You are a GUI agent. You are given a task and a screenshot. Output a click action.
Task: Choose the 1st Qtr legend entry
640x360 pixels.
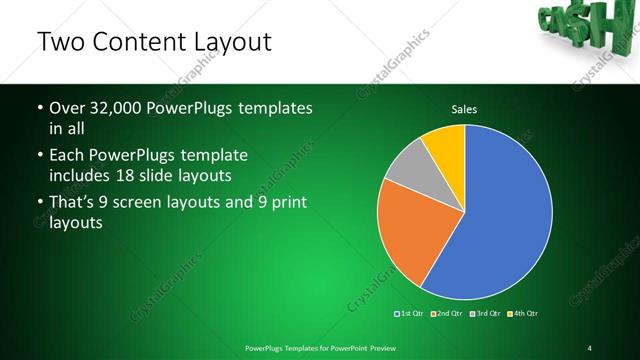point(411,314)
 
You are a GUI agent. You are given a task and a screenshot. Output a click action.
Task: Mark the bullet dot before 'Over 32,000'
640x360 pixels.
point(39,108)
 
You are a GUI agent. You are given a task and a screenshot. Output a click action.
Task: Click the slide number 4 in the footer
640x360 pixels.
point(590,347)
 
